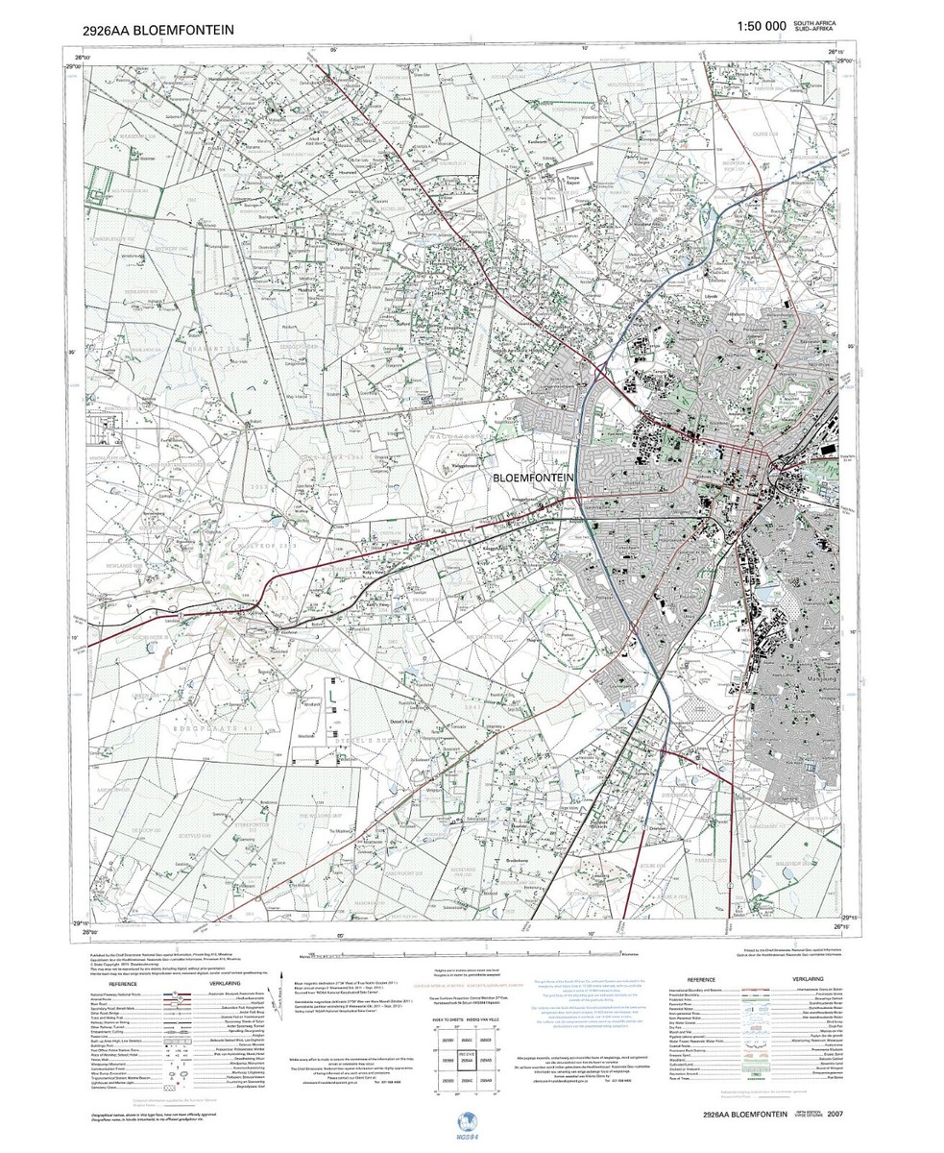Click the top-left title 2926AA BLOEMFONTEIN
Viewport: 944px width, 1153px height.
[157, 30]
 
